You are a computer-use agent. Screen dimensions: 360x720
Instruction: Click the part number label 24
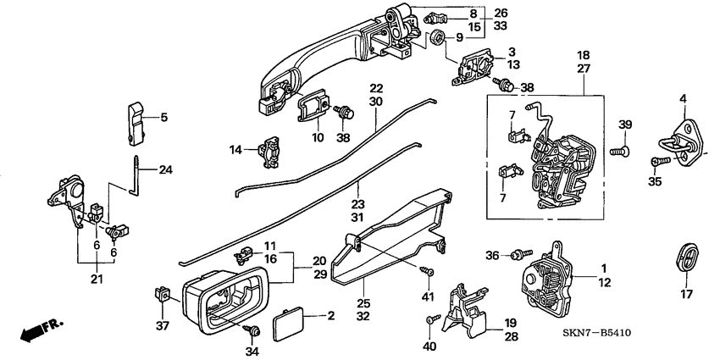coord(165,169)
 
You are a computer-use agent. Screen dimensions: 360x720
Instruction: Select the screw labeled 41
coord(426,270)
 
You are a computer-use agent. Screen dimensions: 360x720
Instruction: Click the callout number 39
coord(625,125)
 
